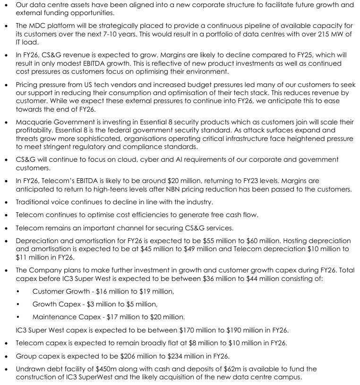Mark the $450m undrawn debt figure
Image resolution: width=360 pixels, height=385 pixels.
click(x=98, y=368)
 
